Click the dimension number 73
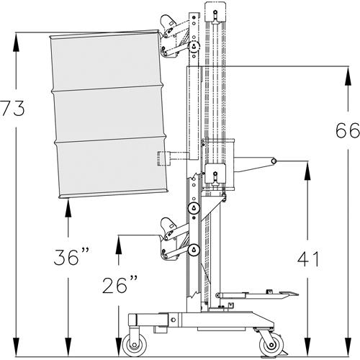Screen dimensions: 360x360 click(12, 109)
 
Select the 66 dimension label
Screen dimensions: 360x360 click(348, 130)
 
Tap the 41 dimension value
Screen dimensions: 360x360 click(308, 259)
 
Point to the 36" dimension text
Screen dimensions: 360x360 click(71, 257)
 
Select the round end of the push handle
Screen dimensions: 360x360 click(273, 161)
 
